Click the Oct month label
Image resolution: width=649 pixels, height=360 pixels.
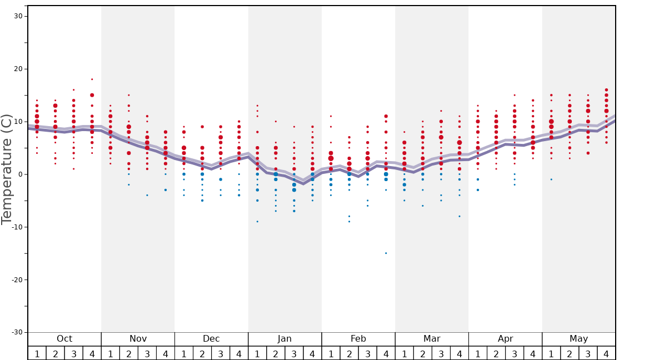(x=64, y=339)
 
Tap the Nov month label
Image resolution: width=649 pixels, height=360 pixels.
(x=138, y=339)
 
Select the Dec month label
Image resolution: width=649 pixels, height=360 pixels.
(x=211, y=339)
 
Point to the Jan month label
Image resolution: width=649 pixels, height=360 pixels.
(x=284, y=339)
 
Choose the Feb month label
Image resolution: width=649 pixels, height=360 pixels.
(x=358, y=339)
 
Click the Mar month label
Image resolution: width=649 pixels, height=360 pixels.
(x=432, y=339)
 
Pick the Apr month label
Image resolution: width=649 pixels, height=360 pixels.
(x=505, y=339)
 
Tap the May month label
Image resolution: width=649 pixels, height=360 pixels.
(x=578, y=339)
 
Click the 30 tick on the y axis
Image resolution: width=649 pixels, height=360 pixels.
(x=18, y=16)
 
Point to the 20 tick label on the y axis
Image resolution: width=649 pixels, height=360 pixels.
(x=18, y=69)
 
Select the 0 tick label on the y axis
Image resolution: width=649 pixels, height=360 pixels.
(x=20, y=174)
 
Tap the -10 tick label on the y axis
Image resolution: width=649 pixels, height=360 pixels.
(x=16, y=227)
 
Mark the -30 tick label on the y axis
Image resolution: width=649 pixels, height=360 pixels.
(x=16, y=332)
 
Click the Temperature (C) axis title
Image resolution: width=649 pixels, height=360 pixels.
(x=7, y=169)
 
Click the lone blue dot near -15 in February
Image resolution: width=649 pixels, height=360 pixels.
(x=386, y=253)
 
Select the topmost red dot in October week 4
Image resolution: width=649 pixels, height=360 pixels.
(x=92, y=79)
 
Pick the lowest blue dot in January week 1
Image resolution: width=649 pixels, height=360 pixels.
(x=257, y=222)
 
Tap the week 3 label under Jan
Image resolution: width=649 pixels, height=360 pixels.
(x=294, y=353)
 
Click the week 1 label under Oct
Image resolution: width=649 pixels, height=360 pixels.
(x=37, y=353)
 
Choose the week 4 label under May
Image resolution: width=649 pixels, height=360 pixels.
(x=606, y=353)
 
